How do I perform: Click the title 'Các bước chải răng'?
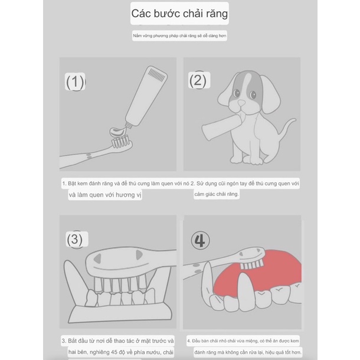tap(179, 14)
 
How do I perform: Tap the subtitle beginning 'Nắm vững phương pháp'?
tap(179, 35)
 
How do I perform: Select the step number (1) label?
tap(76, 82)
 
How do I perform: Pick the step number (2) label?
tap(198, 81)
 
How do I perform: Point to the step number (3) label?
tap(74, 239)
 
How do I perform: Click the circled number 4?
tap(200, 240)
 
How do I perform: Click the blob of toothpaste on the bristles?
tap(119, 132)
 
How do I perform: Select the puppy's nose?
tap(241, 103)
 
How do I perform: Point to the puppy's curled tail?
tap(287, 126)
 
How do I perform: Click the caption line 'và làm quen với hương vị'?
tap(105, 195)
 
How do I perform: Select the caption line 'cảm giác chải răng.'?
tap(217, 194)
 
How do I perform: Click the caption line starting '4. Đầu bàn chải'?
tap(243, 341)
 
